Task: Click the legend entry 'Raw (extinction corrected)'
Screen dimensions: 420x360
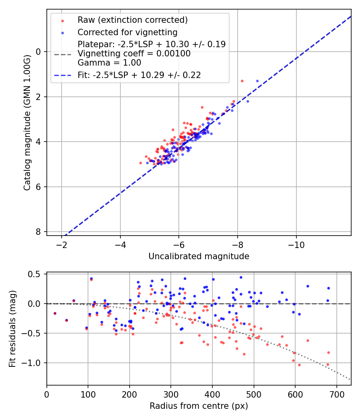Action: [132, 20]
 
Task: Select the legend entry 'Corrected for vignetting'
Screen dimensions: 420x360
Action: [127, 32]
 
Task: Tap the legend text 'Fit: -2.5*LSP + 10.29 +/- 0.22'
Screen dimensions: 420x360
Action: [139, 75]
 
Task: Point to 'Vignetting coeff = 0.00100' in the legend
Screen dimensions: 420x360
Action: [134, 54]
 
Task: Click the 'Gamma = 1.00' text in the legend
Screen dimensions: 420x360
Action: [109, 63]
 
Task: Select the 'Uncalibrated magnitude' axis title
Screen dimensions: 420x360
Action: [199, 256]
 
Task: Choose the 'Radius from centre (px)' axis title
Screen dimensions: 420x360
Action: [199, 406]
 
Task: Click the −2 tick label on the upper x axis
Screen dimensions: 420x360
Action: [61, 244]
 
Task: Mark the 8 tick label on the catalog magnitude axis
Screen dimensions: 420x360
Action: [39, 232]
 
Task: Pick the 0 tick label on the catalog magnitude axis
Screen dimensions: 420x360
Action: [39, 52]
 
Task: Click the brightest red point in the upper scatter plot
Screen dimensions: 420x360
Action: [242, 81]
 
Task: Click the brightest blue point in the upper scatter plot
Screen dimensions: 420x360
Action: [257, 81]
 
